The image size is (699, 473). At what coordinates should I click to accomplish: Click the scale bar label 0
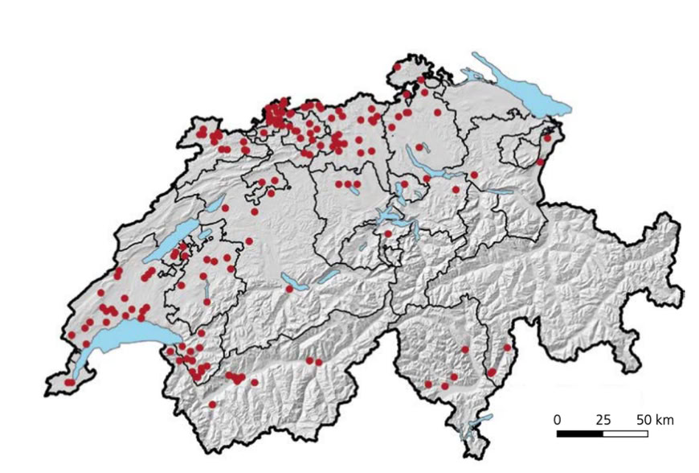click(557, 420)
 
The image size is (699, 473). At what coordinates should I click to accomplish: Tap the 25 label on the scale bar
click(603, 420)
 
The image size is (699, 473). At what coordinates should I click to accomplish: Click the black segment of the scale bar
click(579, 434)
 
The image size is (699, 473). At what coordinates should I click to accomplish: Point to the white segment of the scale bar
click(625, 434)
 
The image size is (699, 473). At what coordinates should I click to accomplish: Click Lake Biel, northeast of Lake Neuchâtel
click(213, 205)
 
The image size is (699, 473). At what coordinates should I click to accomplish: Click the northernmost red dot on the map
click(397, 68)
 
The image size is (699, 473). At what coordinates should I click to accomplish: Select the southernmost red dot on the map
click(212, 405)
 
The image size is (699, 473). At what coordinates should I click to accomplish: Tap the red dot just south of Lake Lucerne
click(388, 234)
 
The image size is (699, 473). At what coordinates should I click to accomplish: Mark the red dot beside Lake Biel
click(225, 208)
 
